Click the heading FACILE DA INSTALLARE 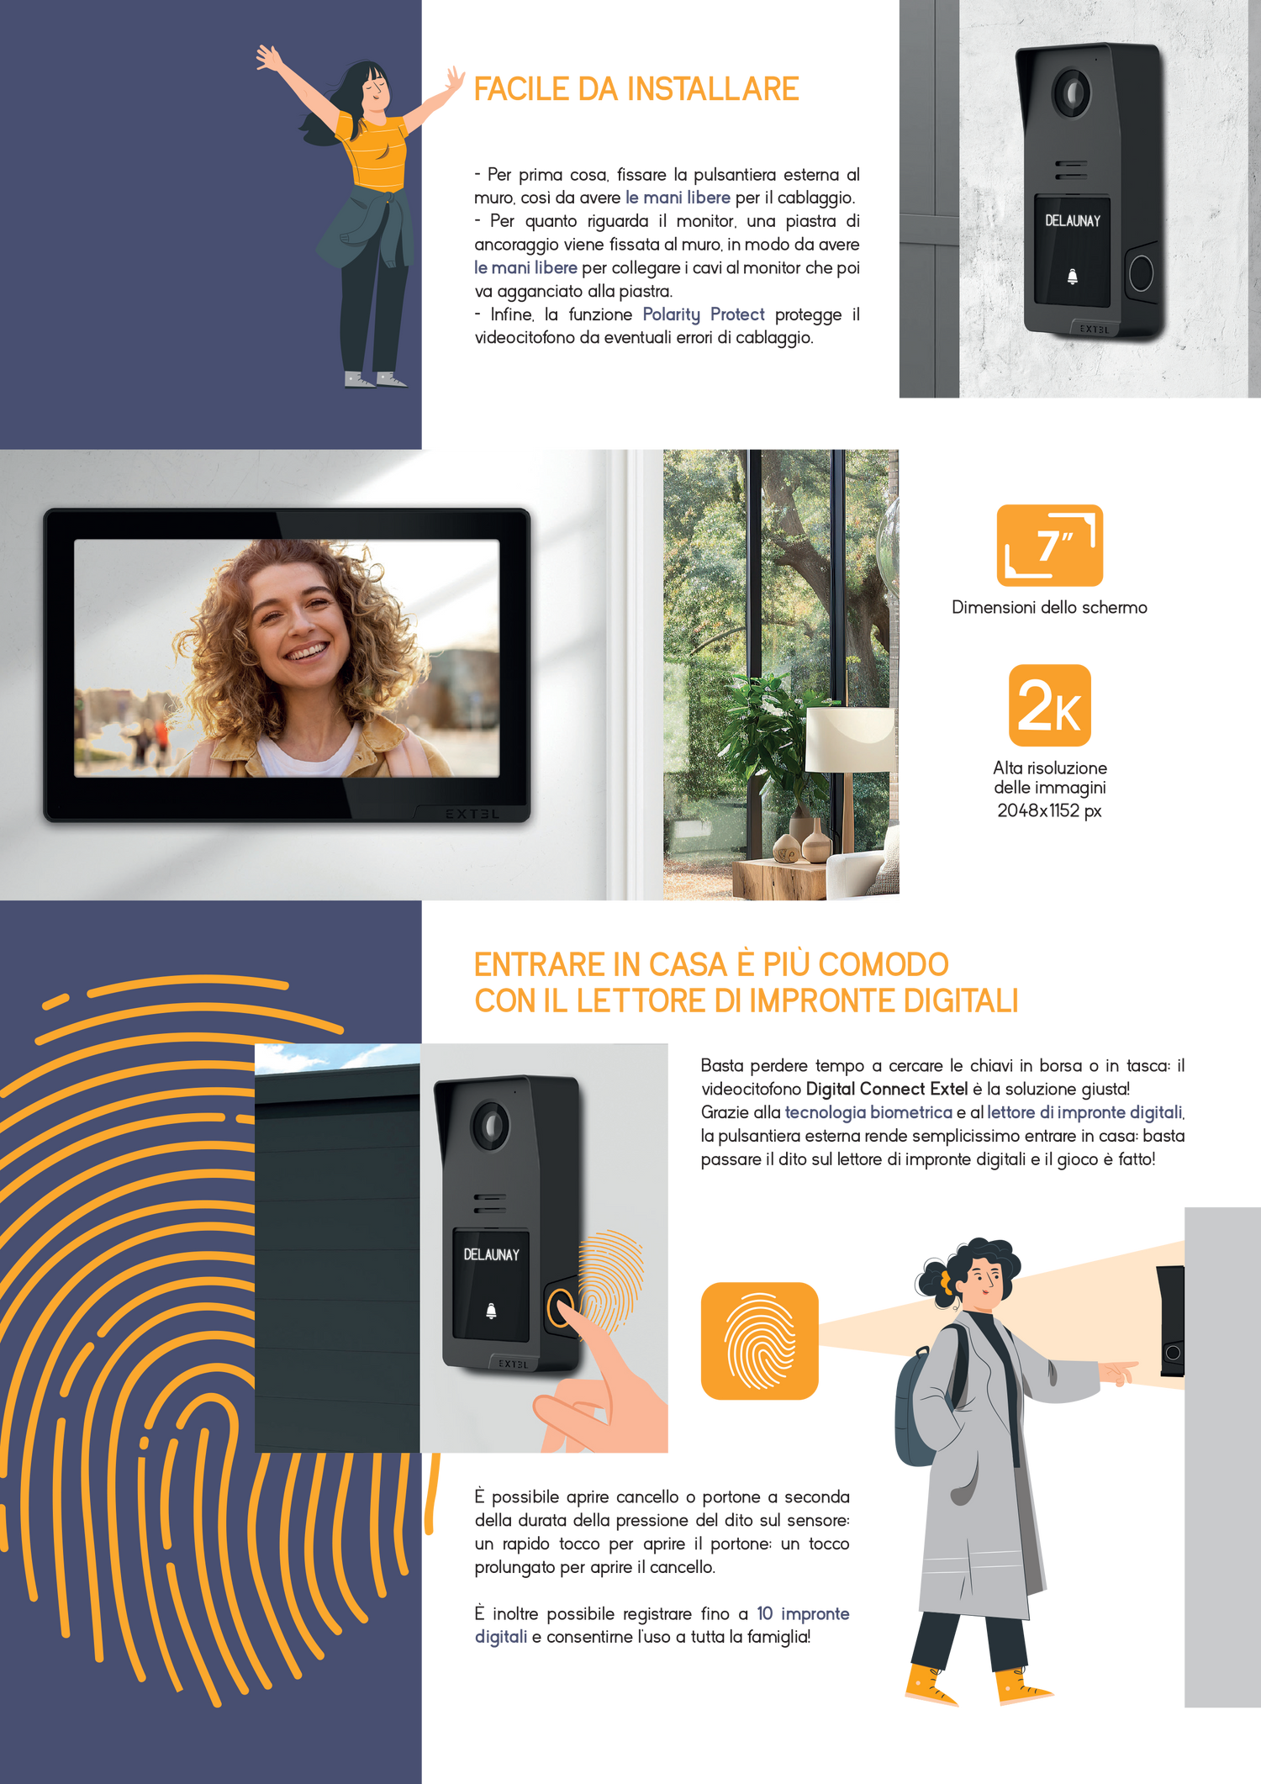[x=636, y=89]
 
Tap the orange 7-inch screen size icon [x=1049, y=545]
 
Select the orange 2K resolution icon [x=1049, y=705]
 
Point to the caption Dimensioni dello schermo [x=1049, y=607]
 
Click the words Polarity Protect [x=704, y=314]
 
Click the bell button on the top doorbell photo [x=1072, y=277]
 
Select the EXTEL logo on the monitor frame [x=472, y=813]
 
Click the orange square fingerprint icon [x=759, y=1341]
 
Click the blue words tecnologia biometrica [x=868, y=1112]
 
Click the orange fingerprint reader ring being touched [x=561, y=1308]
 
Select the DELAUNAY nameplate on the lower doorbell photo [x=491, y=1254]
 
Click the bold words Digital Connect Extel [x=887, y=1089]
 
